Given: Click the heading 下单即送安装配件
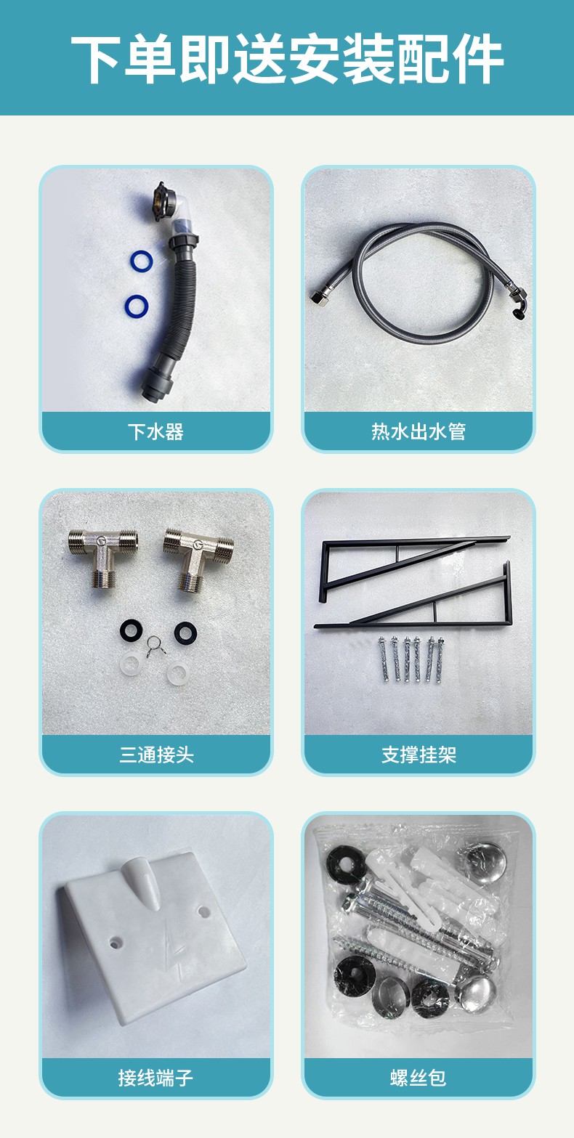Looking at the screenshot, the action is tap(287, 58).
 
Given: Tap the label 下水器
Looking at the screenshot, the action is tap(155, 432).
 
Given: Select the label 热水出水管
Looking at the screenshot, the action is tap(419, 432).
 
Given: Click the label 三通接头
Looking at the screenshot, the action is tap(156, 755).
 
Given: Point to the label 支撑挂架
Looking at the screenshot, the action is tap(419, 755).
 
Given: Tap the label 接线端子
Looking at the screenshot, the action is tap(155, 1078).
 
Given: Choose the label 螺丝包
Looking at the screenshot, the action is tap(419, 1078).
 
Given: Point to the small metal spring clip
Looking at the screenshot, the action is tap(155, 645).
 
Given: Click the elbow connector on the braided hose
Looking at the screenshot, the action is tap(517, 304).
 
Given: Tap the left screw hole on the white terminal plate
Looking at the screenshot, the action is tap(114, 943).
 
